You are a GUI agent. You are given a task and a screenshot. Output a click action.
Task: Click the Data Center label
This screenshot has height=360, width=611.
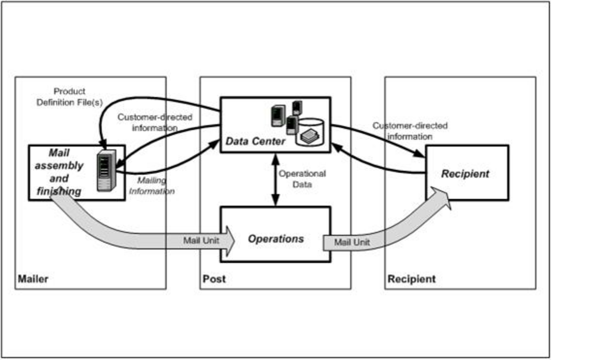pyautogui.click(x=255, y=141)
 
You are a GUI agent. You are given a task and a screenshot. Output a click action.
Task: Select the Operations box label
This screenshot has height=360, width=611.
pyautogui.click(x=276, y=239)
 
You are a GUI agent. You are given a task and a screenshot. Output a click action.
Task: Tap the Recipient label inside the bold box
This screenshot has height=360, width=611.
pyautogui.click(x=465, y=174)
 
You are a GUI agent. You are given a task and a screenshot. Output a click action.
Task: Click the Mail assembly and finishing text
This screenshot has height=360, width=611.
pyautogui.click(x=59, y=171)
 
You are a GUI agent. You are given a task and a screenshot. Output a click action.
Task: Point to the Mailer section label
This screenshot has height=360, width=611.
pyautogui.click(x=33, y=279)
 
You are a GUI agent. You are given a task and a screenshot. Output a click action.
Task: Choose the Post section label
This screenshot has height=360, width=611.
pyautogui.click(x=214, y=279)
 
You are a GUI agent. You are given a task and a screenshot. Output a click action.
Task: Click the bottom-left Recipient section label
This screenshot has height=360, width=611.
pyautogui.click(x=412, y=279)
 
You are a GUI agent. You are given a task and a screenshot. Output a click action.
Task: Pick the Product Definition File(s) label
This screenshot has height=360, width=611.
pyautogui.click(x=69, y=97)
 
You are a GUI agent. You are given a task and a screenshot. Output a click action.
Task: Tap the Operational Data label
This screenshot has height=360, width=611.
pyautogui.click(x=302, y=179)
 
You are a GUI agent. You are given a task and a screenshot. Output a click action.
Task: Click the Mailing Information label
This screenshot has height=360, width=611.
pyautogui.click(x=152, y=186)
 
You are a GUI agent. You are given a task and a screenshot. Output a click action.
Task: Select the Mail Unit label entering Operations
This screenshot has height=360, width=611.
pyautogui.click(x=201, y=240)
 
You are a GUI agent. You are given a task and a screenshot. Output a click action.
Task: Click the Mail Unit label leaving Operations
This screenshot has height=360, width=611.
pyautogui.click(x=352, y=242)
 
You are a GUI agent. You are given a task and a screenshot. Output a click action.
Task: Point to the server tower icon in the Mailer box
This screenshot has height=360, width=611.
pyautogui.click(x=106, y=170)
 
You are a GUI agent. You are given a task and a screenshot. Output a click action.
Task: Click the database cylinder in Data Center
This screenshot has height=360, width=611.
pyautogui.click(x=310, y=132)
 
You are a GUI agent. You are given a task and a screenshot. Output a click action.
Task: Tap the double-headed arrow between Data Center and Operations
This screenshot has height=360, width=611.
pyautogui.click(x=276, y=180)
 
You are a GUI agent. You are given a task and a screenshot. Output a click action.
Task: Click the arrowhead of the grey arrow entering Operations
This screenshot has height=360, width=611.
pyautogui.click(x=229, y=241)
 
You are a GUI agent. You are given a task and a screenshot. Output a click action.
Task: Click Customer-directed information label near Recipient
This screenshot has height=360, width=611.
pyautogui.click(x=410, y=131)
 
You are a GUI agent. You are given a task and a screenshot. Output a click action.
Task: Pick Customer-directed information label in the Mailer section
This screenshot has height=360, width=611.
pyautogui.click(x=155, y=122)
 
